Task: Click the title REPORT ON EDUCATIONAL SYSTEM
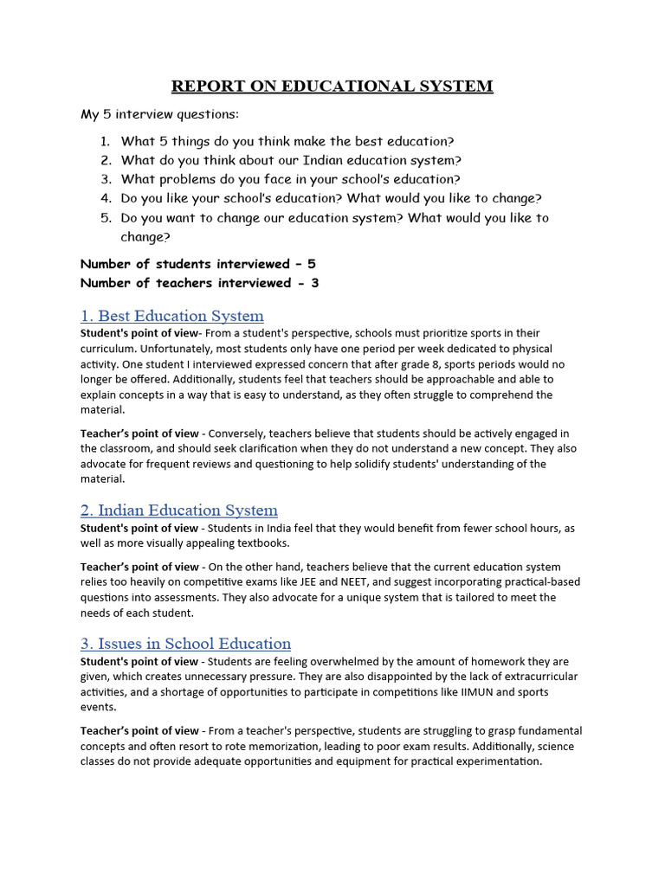point(332,86)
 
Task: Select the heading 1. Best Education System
point(171,316)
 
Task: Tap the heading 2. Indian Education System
point(178,510)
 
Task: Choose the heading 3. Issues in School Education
point(185,644)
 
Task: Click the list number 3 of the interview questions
point(106,179)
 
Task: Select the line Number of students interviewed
point(199,264)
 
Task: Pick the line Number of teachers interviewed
point(199,283)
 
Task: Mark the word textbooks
point(258,543)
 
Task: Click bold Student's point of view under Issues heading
point(139,662)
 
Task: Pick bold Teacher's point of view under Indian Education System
point(139,568)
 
